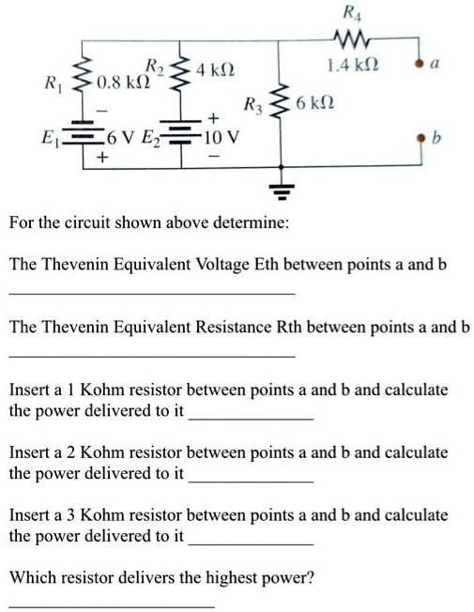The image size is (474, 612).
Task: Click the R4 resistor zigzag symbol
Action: pyautogui.click(x=351, y=39)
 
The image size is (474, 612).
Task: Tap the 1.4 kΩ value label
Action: pyautogui.click(x=350, y=67)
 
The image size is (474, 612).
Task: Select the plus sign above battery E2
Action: pyautogui.click(x=213, y=119)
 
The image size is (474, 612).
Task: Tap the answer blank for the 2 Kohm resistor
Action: pyautogui.click(x=251, y=480)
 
